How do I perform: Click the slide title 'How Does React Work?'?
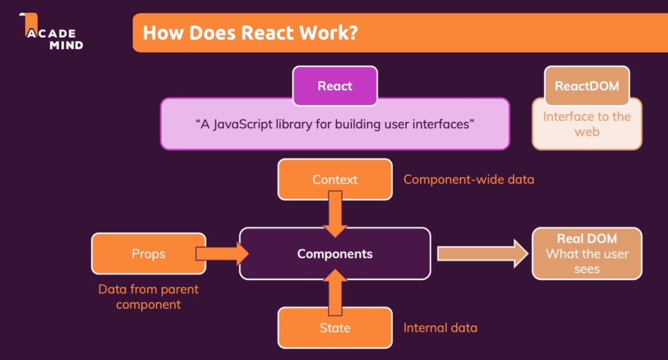[250, 33]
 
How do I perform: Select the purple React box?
[335, 86]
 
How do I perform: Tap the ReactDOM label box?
[587, 86]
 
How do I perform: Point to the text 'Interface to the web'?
[587, 124]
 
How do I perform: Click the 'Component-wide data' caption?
[469, 180]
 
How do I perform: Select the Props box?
[148, 254]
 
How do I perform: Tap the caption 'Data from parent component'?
[148, 297]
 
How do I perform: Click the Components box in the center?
[335, 254]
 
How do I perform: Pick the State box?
[335, 328]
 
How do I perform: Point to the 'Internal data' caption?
[440, 327]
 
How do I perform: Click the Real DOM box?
[587, 254]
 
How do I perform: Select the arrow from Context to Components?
[335, 213]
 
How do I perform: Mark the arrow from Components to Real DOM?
[482, 254]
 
